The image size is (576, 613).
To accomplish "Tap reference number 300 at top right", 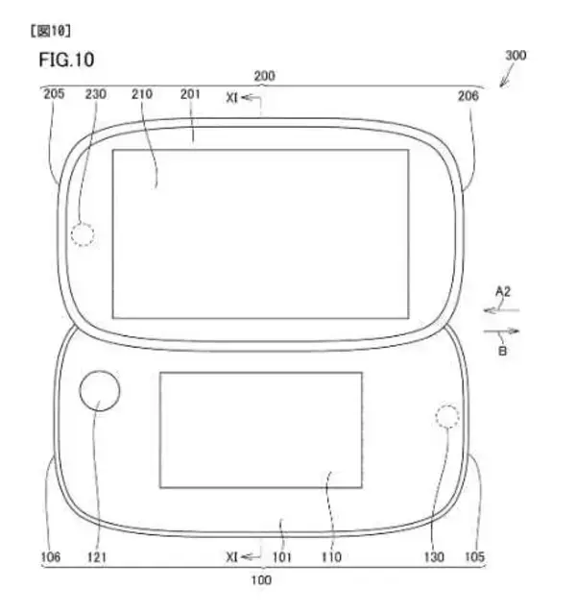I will point(515,57).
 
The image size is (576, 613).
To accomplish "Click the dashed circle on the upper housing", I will point(84,234).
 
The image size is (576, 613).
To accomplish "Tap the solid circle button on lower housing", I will point(101,391).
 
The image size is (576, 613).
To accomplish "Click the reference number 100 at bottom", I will point(261,580).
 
